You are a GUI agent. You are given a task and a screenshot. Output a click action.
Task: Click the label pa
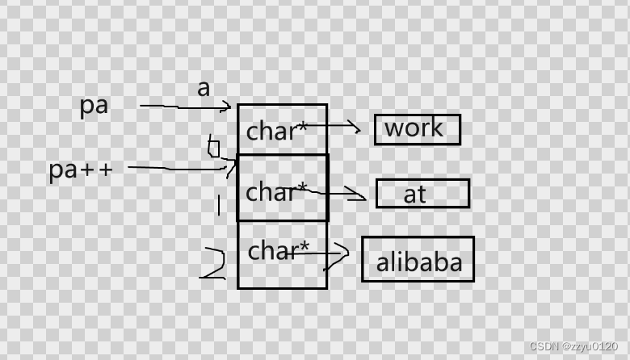point(94,106)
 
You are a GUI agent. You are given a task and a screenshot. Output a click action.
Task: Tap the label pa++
point(81,170)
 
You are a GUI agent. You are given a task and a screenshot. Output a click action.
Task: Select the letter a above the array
point(204,88)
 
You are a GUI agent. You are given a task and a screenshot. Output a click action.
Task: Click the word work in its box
point(414,128)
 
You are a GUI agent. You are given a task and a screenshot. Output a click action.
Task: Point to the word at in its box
point(414,194)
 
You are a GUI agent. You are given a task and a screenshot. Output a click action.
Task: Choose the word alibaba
point(419,262)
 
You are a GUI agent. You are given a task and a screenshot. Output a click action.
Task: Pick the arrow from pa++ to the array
point(178,168)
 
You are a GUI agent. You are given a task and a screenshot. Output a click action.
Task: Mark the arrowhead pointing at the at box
point(360,194)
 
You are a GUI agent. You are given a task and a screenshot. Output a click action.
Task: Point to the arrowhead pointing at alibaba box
point(343,253)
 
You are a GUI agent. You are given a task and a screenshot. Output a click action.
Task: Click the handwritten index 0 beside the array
point(213,148)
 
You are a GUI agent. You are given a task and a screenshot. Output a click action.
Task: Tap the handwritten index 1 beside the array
point(218,204)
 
